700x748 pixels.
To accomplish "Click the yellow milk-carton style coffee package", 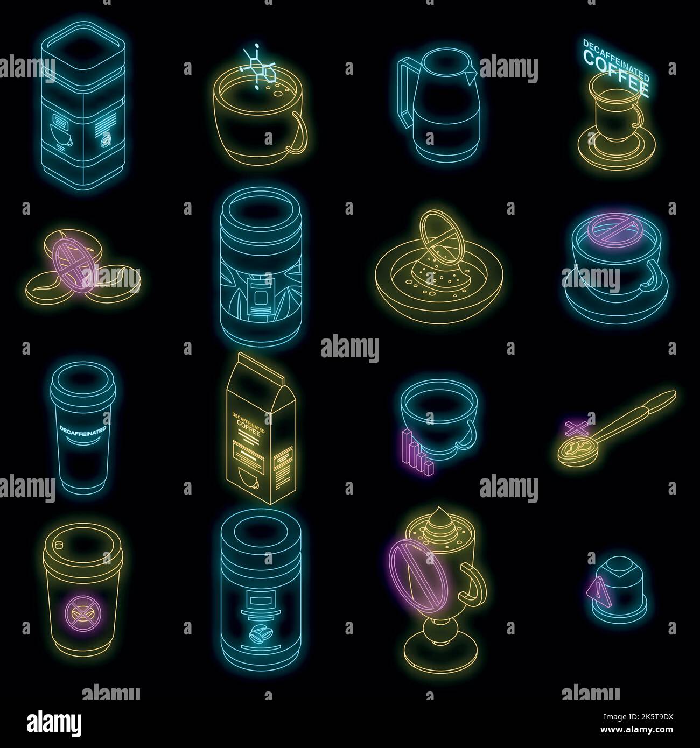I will tap(261, 431).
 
